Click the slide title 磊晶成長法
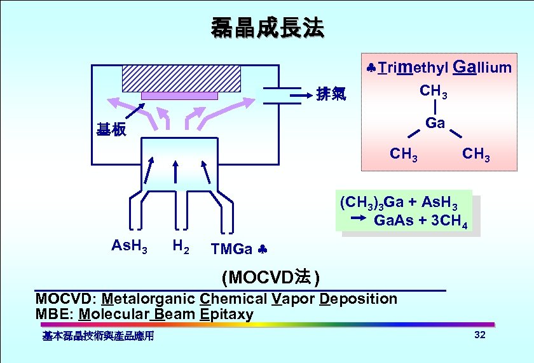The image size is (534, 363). (267, 27)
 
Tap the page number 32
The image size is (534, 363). (480, 336)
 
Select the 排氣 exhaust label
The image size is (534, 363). (331, 95)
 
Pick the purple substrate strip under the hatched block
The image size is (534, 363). (179, 96)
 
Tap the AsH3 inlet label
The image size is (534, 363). (129, 246)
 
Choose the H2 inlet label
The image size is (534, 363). (181, 246)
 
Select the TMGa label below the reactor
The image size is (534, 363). (231, 248)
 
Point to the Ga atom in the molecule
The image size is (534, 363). (435, 123)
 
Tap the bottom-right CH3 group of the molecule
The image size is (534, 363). (476, 154)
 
